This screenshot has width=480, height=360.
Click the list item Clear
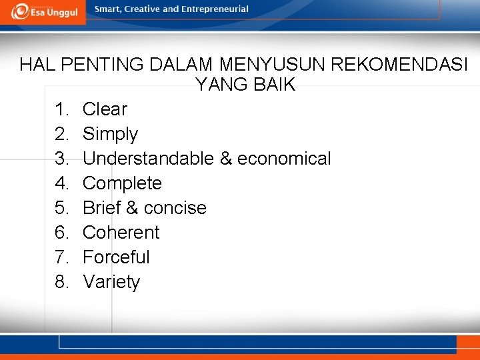pyautogui.click(x=105, y=109)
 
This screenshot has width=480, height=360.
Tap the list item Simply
pyautogui.click(x=110, y=135)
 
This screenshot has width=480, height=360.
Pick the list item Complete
pyautogui.click(x=122, y=183)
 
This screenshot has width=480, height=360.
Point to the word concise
pyautogui.click(x=175, y=208)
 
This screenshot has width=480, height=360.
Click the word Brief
pyautogui.click(x=101, y=208)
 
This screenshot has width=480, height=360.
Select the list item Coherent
pyautogui.click(x=121, y=233)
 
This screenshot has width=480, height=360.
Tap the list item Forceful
pyautogui.click(x=116, y=257)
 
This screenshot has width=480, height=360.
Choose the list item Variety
pyautogui.click(x=111, y=283)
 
